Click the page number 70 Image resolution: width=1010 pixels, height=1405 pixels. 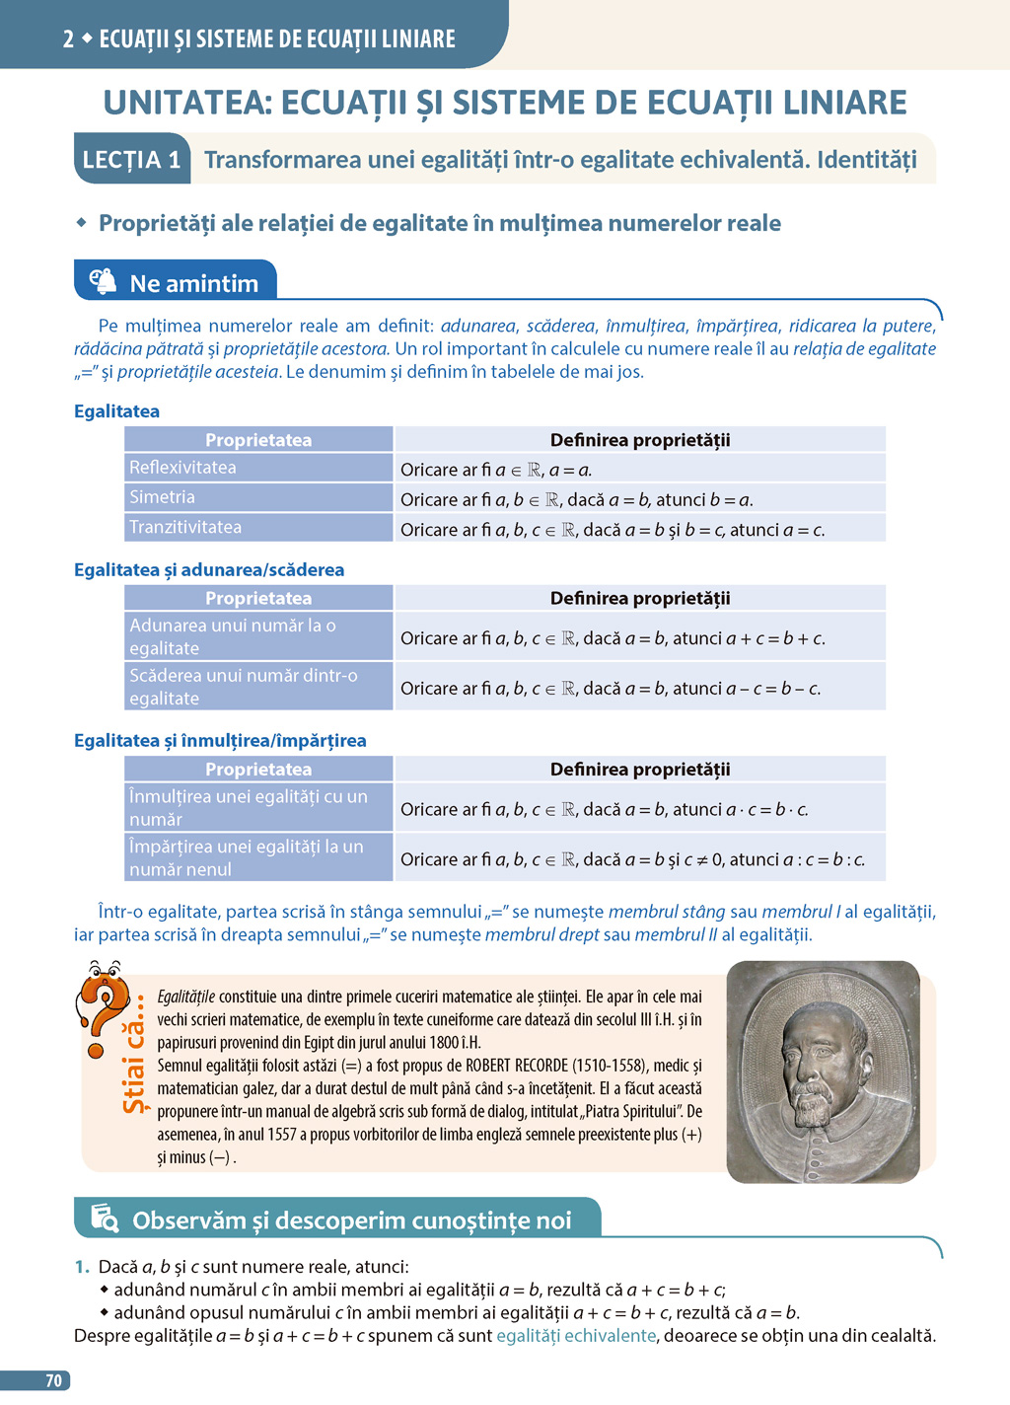pos(53,1380)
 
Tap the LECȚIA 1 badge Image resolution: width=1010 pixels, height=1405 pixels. pos(132,160)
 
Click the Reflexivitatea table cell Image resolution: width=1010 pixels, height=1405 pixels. pos(258,468)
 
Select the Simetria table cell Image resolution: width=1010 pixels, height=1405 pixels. pos(258,497)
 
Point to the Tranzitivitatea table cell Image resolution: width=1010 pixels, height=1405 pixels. pos(258,527)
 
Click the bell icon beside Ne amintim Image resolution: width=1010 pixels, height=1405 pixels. pos(104,282)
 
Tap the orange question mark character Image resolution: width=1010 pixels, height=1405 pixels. pos(103,1001)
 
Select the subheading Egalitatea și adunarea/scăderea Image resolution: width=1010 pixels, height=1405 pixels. pos(209,569)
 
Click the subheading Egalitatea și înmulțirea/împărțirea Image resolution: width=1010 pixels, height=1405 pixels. pos(220,740)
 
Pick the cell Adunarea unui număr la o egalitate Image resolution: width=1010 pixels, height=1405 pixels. pos(258,636)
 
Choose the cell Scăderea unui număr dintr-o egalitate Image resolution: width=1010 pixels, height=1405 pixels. pos(258,687)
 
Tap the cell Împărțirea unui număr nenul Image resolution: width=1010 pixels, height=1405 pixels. pos(258,857)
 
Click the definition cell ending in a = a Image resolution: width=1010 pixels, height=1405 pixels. pos(640,470)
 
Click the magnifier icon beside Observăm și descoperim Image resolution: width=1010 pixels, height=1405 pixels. pos(105,1220)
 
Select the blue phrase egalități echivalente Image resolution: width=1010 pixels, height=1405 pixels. pos(576,1336)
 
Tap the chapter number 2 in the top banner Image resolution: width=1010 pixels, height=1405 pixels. pos(68,39)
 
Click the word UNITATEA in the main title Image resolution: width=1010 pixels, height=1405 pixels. pos(186,103)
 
